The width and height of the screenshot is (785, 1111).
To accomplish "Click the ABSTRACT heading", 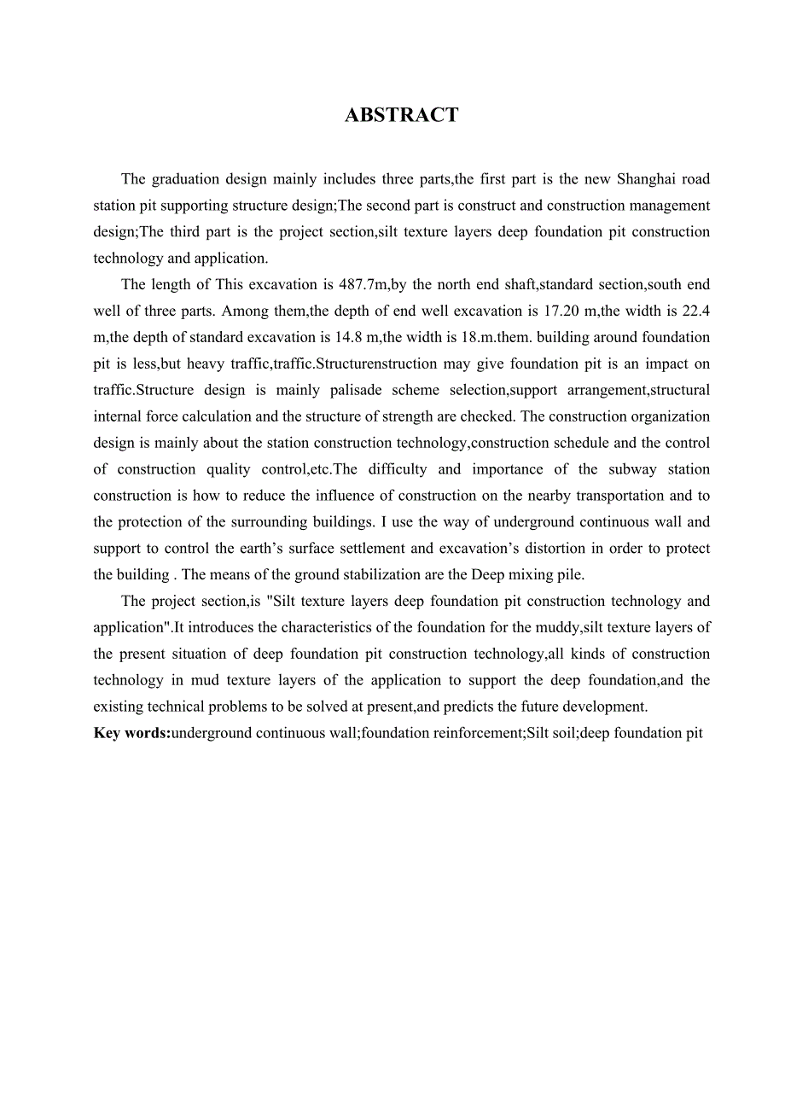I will pyautogui.click(x=401, y=116).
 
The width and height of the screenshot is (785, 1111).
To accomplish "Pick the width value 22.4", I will pyautogui.click(x=693, y=311).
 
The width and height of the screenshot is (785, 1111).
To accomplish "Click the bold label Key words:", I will pyautogui.click(x=132, y=733).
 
